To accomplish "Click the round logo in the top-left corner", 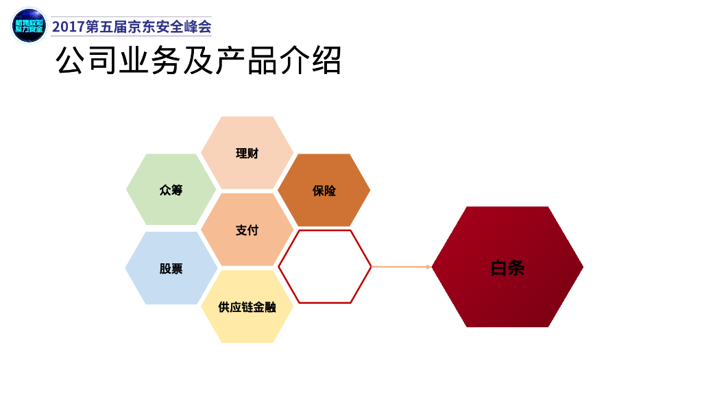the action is pyautogui.click(x=29, y=26).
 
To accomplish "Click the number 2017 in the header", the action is pyautogui.click(x=69, y=27).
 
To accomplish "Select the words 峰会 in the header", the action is pyautogui.click(x=198, y=27).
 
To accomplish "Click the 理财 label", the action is pyautogui.click(x=247, y=153).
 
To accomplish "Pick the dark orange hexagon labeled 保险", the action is pyautogui.click(x=324, y=190).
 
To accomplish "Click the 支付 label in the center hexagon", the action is pyautogui.click(x=247, y=230).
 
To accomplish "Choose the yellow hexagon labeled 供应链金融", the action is pyautogui.click(x=247, y=307).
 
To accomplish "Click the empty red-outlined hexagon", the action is pyautogui.click(x=324, y=267).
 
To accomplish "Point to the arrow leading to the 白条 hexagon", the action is pyautogui.click(x=401, y=267).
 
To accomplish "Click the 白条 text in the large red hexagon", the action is pyautogui.click(x=507, y=267).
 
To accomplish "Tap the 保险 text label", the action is pyautogui.click(x=324, y=190).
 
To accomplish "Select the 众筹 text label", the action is pyautogui.click(x=171, y=190).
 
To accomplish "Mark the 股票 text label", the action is pyautogui.click(x=171, y=268).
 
